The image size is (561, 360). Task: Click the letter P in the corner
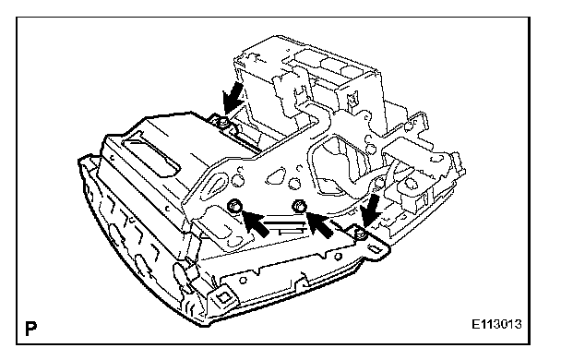coord(31,329)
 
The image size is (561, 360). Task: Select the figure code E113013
coord(496,324)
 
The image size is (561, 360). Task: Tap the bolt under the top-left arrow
coord(223,123)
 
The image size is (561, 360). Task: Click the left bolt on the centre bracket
coord(234,206)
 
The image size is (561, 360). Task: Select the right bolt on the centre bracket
coord(299,206)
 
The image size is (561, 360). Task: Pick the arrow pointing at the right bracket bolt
coord(320,223)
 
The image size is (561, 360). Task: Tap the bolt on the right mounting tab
coord(360,234)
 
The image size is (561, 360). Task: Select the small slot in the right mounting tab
coord(375,248)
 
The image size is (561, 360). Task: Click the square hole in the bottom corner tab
coord(224,296)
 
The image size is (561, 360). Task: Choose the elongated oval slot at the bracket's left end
coord(216,183)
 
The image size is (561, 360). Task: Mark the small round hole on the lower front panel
coord(244,279)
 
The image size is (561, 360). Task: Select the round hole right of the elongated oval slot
coord(237,181)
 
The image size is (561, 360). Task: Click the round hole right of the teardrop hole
coord(294,183)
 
